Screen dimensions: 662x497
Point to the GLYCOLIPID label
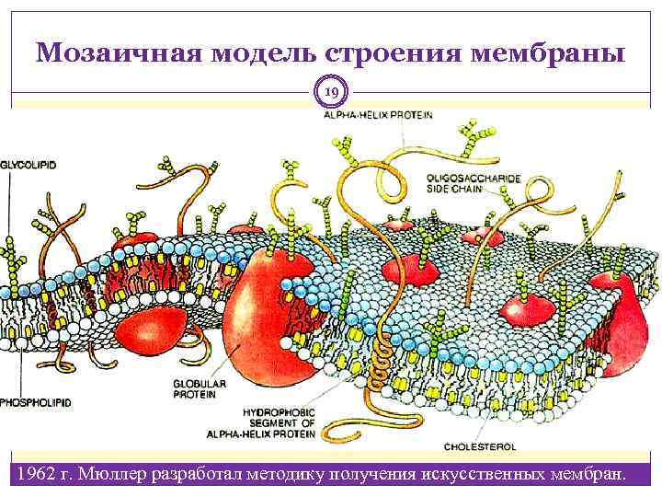pyautogui.click(x=29, y=163)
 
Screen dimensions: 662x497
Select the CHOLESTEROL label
pyautogui.click(x=479, y=445)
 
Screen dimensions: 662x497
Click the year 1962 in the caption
pyautogui.click(x=30, y=474)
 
